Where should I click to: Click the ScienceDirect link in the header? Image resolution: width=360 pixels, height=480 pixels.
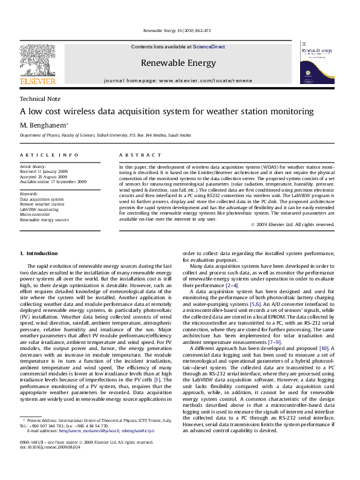(x=209, y=47)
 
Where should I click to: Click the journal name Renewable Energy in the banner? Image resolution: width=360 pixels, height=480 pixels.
(x=178, y=63)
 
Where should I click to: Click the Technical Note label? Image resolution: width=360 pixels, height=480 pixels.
(x=40, y=99)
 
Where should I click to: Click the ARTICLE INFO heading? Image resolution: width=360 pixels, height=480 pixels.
(x=49, y=155)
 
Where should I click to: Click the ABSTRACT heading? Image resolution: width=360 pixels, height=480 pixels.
(x=140, y=155)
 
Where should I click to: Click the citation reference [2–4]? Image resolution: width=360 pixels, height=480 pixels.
(x=232, y=285)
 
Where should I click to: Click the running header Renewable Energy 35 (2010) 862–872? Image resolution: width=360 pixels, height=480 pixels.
(x=177, y=31)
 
